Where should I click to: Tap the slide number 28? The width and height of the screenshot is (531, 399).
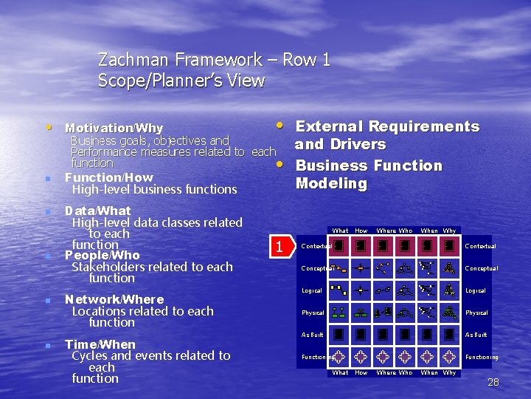point(493,382)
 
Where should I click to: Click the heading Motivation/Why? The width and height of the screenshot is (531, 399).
point(114,129)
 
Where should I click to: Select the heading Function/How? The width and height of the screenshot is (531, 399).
point(108,177)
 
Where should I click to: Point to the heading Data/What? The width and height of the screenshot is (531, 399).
point(98,211)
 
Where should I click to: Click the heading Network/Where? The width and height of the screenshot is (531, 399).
point(114,299)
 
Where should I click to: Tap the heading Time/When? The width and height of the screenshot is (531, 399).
point(100,344)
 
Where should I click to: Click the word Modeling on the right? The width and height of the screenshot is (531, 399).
point(331,183)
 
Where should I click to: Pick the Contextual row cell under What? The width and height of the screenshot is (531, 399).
point(339,246)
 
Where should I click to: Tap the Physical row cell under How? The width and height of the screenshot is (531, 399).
point(361,313)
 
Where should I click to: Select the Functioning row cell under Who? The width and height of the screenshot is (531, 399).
point(405,357)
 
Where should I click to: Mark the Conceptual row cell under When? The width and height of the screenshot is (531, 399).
point(426,268)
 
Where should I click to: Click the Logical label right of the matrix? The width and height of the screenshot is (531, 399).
point(475,290)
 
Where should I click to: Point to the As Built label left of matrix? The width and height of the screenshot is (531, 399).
point(313,335)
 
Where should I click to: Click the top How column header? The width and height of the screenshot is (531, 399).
point(361,231)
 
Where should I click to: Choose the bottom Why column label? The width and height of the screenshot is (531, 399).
point(449,372)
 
